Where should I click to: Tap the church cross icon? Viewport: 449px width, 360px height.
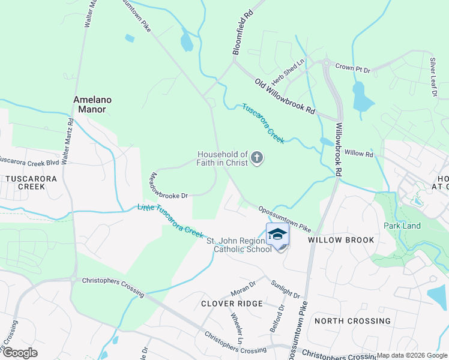coord(256,158)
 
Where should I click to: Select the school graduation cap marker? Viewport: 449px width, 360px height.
coord(277,234)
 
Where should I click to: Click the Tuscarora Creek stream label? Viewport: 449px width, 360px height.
coord(263,124)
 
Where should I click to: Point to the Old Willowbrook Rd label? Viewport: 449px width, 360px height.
coord(285,96)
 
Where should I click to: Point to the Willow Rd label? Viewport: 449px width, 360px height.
coord(359,154)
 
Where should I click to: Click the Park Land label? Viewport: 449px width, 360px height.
coord(402,226)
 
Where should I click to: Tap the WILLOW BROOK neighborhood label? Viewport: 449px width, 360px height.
coord(341,240)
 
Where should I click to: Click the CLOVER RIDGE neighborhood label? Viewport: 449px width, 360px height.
coord(232,304)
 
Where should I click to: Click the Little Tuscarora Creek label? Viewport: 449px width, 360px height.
coord(171,220)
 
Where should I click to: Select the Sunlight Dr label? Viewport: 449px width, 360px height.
coord(285,289)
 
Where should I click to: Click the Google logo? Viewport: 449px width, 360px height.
coord(19,352)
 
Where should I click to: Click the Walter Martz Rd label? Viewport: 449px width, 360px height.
coord(70,137)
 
